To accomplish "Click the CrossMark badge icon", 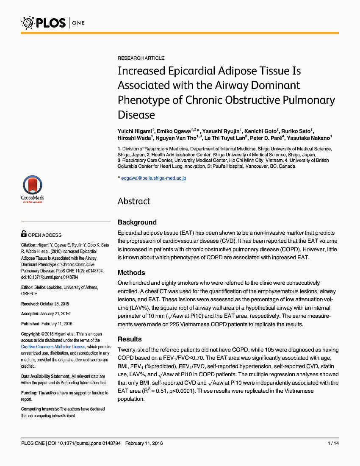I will point(33,189).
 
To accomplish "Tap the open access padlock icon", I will point(24,234).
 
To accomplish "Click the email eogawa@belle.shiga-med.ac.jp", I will point(154,178).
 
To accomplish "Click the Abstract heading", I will point(134,201).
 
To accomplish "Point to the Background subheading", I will point(137,222).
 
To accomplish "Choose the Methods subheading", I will point(131,272).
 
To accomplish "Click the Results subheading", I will point(130,339).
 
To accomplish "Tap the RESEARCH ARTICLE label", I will point(141,58).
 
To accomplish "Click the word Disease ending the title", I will point(136,114).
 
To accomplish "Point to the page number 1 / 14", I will point(333,443).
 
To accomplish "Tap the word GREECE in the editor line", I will point(29,294).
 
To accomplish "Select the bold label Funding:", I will point(29,393).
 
